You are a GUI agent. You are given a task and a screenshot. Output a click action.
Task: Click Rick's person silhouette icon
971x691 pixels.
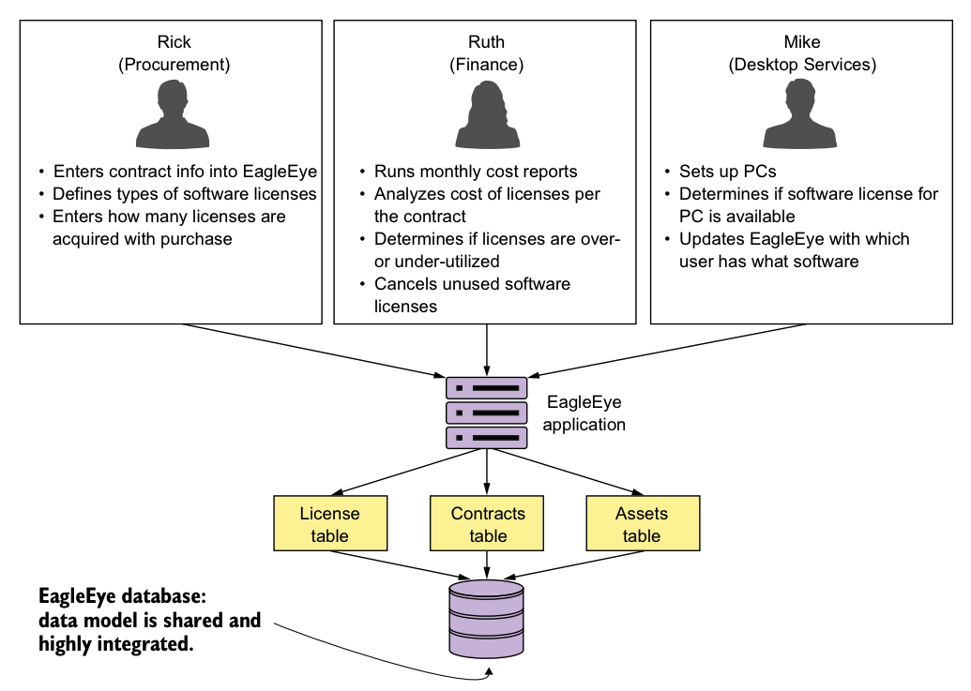click(x=174, y=116)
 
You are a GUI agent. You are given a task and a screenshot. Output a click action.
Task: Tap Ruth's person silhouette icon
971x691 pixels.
click(x=486, y=116)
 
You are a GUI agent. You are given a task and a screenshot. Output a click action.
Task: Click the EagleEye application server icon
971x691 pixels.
click(x=486, y=412)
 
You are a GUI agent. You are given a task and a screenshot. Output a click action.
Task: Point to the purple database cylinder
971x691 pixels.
click(x=486, y=619)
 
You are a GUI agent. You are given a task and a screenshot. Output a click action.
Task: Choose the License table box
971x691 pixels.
click(x=329, y=524)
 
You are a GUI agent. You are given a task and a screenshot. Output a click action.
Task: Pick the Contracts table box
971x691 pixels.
click(x=488, y=524)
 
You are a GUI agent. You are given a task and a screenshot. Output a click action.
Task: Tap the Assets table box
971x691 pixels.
click(x=642, y=524)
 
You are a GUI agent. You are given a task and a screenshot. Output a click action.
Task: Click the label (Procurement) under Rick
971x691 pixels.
click(x=174, y=65)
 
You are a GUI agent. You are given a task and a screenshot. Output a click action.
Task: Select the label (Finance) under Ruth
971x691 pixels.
click(x=486, y=65)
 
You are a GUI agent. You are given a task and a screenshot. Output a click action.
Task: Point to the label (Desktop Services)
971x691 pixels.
click(x=802, y=65)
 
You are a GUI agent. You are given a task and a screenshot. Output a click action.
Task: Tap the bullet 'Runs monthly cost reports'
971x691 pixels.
click(x=476, y=172)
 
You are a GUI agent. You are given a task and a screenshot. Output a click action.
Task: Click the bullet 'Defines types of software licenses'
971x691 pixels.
click(x=185, y=194)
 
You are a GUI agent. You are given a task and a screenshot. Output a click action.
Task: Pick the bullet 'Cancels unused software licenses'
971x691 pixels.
click(x=472, y=294)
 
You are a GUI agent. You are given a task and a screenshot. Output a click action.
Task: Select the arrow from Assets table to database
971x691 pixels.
click(x=572, y=565)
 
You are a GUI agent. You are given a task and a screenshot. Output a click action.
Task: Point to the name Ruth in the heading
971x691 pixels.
click(x=486, y=42)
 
